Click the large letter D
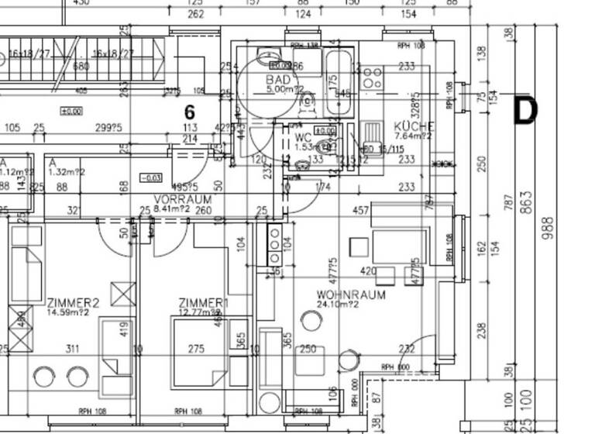[526, 110]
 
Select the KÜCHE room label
[414, 126]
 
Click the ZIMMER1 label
[204, 302]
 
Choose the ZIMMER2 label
[74, 302]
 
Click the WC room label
[302, 137]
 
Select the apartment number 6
[189, 112]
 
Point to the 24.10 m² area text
[338, 305]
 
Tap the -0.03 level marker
[151, 178]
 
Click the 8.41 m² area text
[172, 208]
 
